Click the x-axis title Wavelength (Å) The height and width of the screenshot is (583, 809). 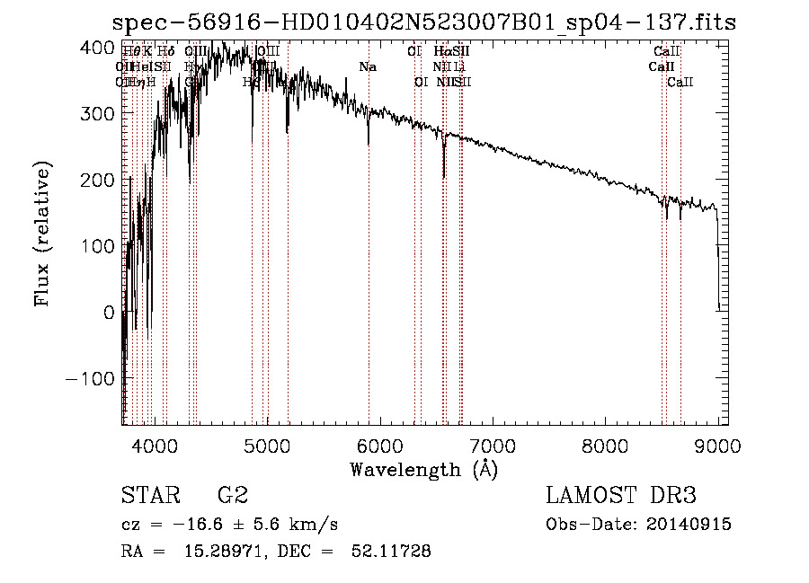(423, 469)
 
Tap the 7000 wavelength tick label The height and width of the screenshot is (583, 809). (493, 445)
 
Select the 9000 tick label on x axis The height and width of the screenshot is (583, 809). (718, 445)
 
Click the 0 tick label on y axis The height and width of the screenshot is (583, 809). (110, 312)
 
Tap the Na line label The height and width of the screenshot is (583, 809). (367, 66)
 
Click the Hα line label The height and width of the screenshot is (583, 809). (440, 52)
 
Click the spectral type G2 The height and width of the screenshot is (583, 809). (233, 496)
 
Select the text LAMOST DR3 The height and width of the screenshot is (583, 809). (621, 496)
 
